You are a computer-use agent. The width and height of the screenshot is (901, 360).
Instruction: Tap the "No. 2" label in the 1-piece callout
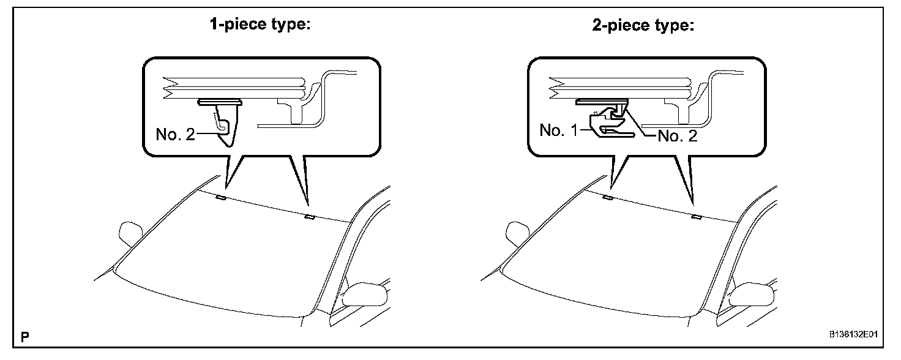(175, 134)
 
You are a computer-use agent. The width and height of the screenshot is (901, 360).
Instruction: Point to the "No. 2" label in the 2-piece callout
(677, 136)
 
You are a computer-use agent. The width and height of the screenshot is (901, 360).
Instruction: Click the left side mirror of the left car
(130, 231)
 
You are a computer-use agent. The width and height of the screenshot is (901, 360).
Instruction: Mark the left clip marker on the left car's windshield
(221, 198)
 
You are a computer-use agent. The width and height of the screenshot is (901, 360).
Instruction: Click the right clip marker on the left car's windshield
(309, 217)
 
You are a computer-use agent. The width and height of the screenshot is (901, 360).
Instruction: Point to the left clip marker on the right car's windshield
(607, 198)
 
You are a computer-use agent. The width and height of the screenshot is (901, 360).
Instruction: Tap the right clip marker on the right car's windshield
(695, 217)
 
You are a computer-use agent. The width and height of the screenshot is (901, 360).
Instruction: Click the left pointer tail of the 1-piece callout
(231, 171)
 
